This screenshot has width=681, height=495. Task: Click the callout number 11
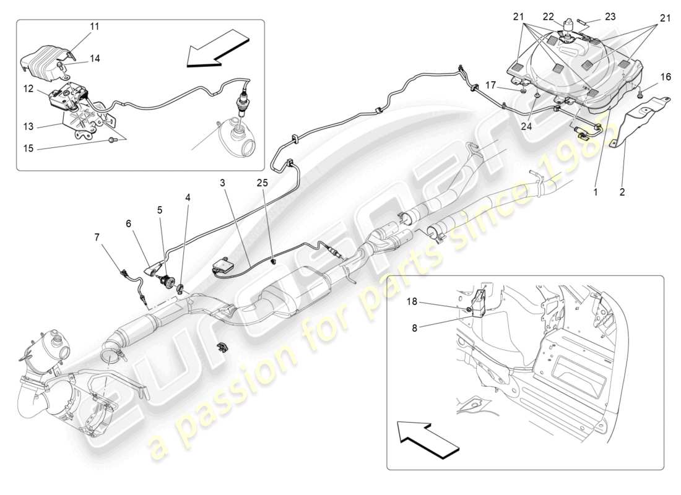(x=93, y=27)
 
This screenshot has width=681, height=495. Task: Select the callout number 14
(x=93, y=58)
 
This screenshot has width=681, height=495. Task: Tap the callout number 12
(x=28, y=88)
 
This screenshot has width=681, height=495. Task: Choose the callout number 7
(x=97, y=237)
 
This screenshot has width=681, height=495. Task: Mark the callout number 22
(x=548, y=17)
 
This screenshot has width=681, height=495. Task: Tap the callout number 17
(x=490, y=85)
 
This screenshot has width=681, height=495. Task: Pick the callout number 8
(x=415, y=328)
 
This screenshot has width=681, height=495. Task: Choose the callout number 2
(x=622, y=192)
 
